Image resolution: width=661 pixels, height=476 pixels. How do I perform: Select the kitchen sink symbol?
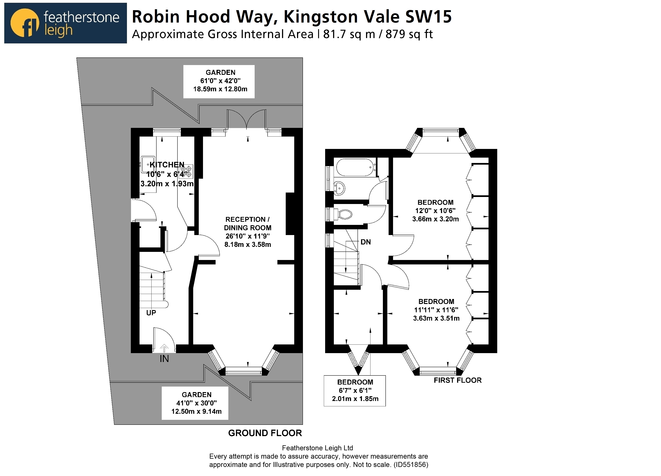(x=145, y=165)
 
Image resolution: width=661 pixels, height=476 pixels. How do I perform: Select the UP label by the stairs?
(x=151, y=313)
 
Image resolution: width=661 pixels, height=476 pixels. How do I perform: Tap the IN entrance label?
(x=164, y=359)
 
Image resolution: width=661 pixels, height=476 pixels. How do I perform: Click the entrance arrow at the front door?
(x=164, y=348)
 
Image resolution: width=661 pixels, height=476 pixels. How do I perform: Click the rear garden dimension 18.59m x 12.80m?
(x=220, y=89)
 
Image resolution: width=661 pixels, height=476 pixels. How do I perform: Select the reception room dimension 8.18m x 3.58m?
(x=247, y=244)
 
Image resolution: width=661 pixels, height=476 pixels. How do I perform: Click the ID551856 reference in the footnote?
(x=410, y=465)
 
